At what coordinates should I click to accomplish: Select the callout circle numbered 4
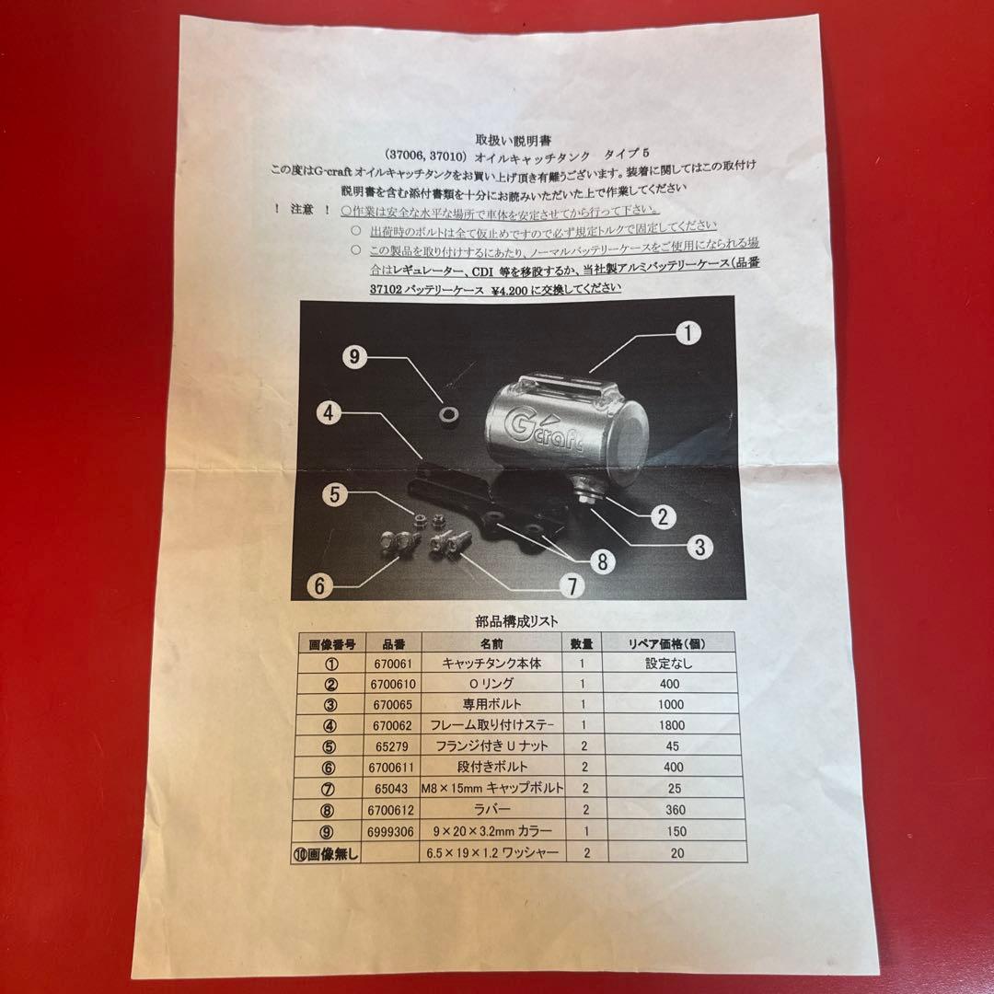coord(331,412)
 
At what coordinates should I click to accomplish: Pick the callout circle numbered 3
coord(700,547)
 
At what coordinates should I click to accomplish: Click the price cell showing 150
coord(674,832)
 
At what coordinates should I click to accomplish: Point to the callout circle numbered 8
coord(600,561)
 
